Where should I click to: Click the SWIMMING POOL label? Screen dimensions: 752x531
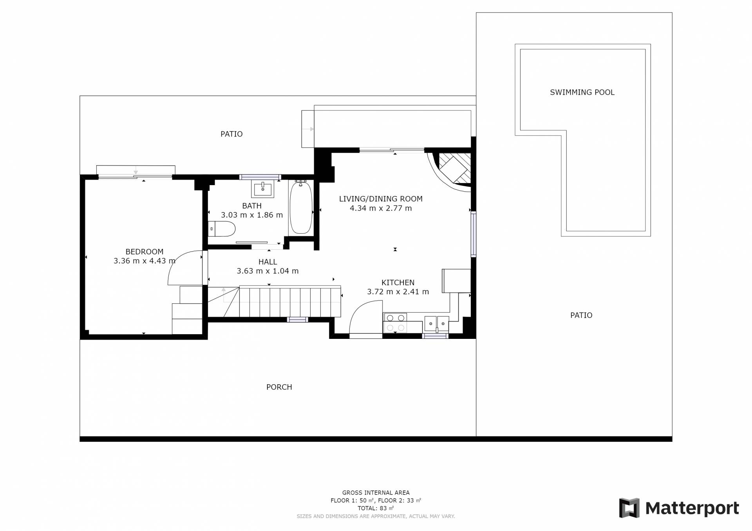point(582,92)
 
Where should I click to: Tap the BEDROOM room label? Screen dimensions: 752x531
point(145,252)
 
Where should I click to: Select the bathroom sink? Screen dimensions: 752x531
point(262,190)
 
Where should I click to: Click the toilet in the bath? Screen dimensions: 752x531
point(222,229)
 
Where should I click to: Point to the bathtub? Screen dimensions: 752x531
point(301,207)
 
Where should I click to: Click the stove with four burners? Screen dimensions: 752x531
point(395,323)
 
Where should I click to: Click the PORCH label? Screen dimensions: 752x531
point(279,387)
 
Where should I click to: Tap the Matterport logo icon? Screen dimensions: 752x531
point(629,508)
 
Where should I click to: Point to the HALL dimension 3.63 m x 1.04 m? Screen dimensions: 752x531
point(268,271)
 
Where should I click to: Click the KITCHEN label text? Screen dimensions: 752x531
point(398,283)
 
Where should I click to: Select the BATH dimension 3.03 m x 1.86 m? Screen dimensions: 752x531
point(252,215)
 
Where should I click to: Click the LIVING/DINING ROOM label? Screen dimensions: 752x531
point(381,199)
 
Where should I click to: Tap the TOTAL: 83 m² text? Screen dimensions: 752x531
point(376,508)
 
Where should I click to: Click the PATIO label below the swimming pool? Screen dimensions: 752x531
point(581,315)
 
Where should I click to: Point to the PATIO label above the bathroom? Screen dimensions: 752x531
point(231,134)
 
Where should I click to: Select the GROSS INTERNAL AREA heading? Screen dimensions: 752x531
point(376,493)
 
